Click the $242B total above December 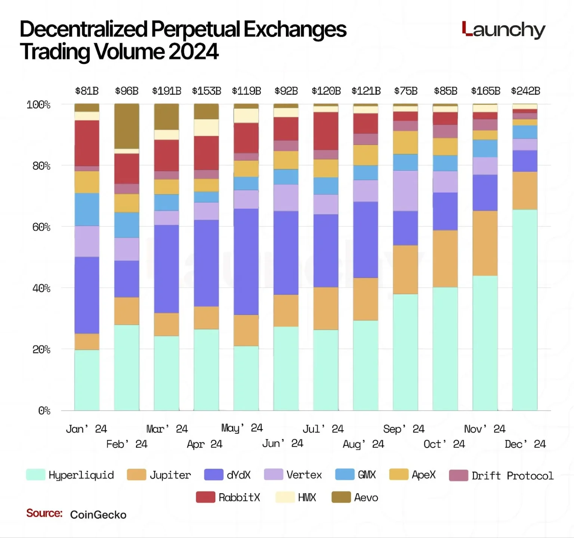[525, 91]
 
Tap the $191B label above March [167, 91]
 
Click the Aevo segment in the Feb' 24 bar [127, 126]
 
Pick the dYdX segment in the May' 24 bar [246, 262]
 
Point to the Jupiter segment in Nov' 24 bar [485, 243]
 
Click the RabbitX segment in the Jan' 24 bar [87, 143]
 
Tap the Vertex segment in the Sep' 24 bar [405, 191]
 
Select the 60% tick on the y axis [41, 227]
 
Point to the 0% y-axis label [44, 411]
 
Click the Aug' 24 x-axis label [363, 444]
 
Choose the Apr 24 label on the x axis [204, 444]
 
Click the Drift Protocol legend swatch [458, 475]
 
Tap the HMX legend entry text [307, 497]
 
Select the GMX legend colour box [345, 474]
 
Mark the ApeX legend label [423, 474]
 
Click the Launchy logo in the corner [503, 30]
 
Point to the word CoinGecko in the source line [98, 514]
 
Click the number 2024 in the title [193, 51]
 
